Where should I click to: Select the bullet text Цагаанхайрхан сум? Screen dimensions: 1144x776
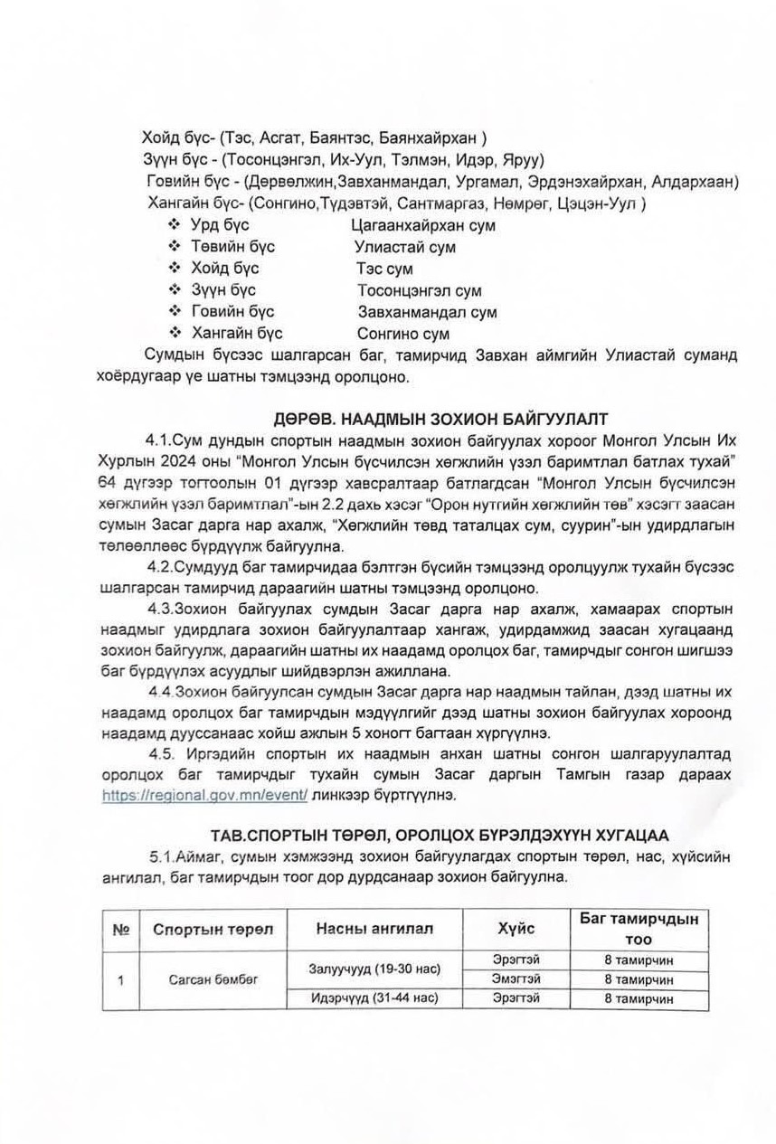(x=421, y=225)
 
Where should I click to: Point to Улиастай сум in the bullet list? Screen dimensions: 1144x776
(x=405, y=247)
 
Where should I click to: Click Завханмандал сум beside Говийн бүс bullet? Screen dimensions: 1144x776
(x=427, y=313)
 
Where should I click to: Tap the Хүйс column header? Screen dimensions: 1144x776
(x=516, y=929)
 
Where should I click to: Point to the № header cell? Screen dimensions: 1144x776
(x=119, y=930)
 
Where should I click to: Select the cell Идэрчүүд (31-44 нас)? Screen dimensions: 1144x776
(x=374, y=998)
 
